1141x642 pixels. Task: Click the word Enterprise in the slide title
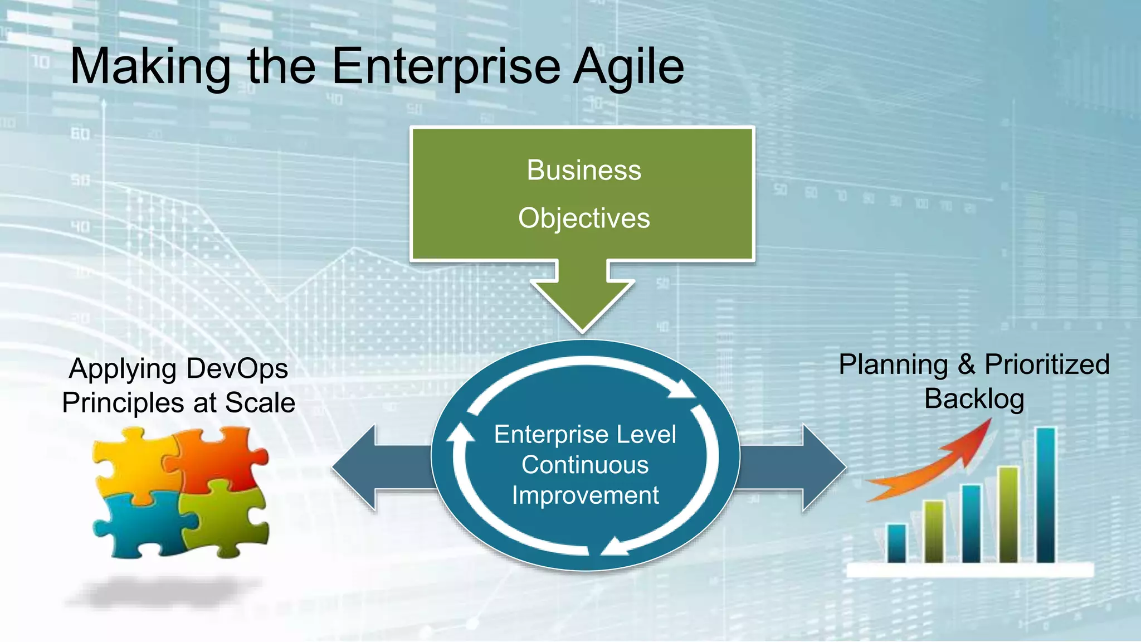click(446, 67)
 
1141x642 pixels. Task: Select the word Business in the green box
click(584, 170)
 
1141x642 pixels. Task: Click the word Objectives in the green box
click(584, 218)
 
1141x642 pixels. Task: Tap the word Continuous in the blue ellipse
click(585, 465)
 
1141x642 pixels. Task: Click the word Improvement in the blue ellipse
click(585, 495)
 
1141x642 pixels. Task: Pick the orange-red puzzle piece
click(220, 457)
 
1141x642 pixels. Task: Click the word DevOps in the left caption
click(237, 369)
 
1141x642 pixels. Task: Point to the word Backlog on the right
click(974, 399)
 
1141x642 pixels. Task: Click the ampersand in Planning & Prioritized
click(966, 365)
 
